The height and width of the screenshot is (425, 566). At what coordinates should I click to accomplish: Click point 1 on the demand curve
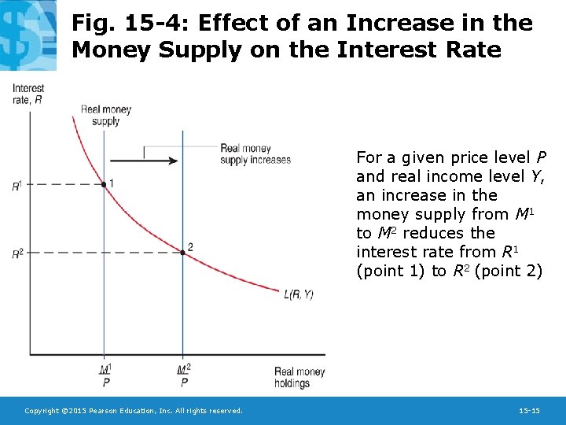(105, 184)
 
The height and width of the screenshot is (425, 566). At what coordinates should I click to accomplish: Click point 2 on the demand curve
(182, 252)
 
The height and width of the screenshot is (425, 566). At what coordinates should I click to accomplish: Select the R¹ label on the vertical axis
(17, 186)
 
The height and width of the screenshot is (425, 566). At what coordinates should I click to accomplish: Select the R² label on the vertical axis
(17, 253)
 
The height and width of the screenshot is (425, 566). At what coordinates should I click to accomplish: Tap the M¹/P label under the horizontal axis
(105, 375)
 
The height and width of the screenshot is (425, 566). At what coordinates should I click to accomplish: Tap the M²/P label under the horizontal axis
(184, 375)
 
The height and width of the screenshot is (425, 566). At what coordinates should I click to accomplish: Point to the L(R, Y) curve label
(298, 295)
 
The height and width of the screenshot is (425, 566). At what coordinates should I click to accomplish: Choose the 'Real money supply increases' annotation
(255, 154)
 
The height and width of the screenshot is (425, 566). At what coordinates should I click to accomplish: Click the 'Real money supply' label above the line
(106, 116)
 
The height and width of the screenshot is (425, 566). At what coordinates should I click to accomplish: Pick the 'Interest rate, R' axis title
(28, 94)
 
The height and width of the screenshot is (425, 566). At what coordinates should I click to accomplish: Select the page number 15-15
(529, 411)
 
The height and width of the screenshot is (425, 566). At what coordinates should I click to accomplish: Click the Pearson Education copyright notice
(134, 411)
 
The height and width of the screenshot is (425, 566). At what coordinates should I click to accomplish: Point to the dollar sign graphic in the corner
(28, 31)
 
